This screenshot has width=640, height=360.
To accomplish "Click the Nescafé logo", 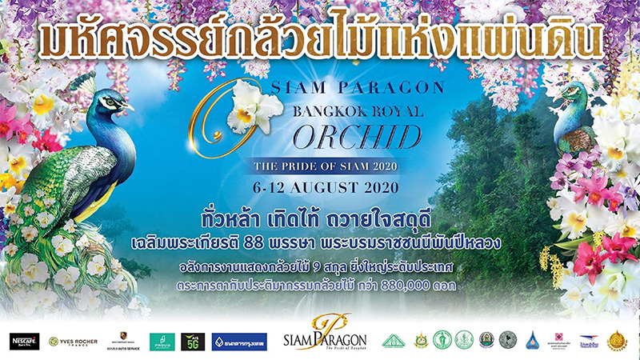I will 24,341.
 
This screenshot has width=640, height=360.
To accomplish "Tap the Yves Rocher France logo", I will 73,342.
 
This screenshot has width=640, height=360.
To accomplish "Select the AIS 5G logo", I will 193,342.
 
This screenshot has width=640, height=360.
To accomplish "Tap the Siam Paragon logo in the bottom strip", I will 325,340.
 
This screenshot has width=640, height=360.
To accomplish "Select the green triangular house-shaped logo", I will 393,340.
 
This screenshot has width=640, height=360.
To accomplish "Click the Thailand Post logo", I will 590,340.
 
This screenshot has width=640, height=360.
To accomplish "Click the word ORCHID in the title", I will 358,138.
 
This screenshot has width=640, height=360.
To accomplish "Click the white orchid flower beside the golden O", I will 254,109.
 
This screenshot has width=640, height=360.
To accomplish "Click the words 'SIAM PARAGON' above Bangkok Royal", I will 336,83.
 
